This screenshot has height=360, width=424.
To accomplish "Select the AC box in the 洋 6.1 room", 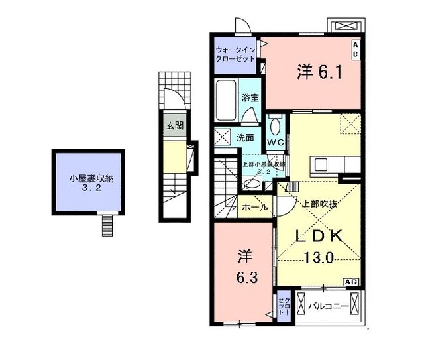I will pyautogui.click(x=355, y=48).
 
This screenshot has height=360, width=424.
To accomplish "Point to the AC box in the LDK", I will pyautogui.click(x=351, y=282).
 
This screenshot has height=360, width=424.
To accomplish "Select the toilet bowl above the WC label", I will pyautogui.click(x=276, y=125).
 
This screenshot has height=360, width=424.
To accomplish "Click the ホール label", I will pyautogui.click(x=254, y=208).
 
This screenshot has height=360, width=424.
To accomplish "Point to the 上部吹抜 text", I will pyautogui.click(x=320, y=204).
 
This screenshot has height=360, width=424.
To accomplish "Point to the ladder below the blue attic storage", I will pyautogui.click(x=105, y=225).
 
